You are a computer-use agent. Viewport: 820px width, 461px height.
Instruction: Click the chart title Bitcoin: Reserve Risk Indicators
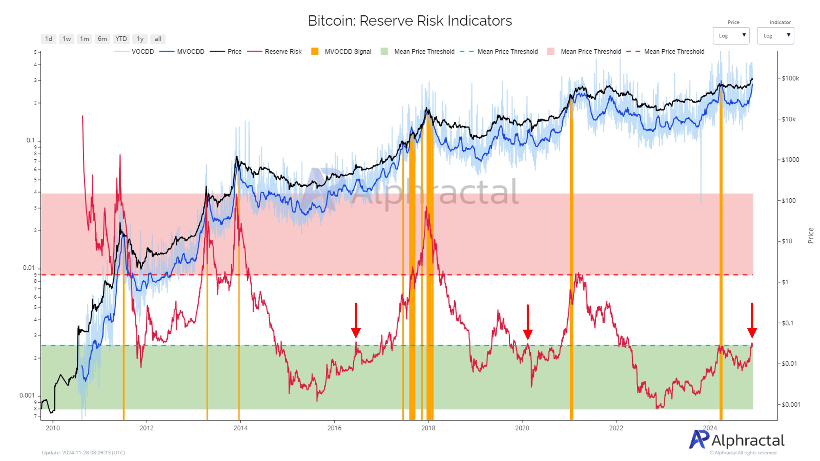coord(410,21)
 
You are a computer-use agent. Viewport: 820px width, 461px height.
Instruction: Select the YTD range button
coord(121,39)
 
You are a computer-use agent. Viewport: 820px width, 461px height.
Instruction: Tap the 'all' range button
coord(158,39)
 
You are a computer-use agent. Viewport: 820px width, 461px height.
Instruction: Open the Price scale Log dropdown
coord(731,36)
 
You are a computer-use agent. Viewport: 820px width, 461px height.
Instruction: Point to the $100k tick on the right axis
coord(790,78)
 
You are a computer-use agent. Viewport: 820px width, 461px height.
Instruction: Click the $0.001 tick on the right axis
coord(791,404)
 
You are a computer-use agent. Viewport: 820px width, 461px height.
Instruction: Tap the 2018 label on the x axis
coord(428,428)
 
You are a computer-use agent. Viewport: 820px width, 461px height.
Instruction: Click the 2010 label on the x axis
coord(53,428)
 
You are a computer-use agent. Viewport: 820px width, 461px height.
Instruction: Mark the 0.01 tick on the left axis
coord(29,268)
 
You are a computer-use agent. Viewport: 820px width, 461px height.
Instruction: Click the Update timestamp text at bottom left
coord(83,452)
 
